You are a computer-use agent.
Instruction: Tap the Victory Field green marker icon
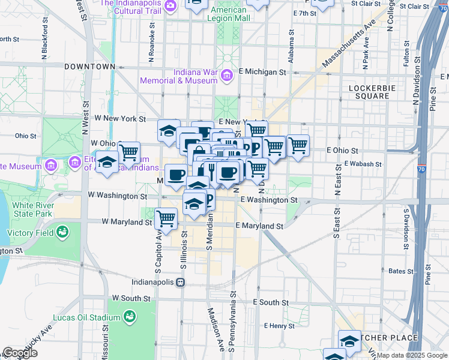62,232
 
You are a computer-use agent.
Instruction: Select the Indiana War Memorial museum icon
226,76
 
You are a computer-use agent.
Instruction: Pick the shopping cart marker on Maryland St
166,218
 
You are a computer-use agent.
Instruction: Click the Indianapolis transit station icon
179,281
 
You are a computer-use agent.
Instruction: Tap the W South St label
131,298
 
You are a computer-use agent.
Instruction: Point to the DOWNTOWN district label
89,66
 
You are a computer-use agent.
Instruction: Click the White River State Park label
32,209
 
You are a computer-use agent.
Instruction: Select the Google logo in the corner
20,352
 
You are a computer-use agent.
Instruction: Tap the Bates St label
397,271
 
